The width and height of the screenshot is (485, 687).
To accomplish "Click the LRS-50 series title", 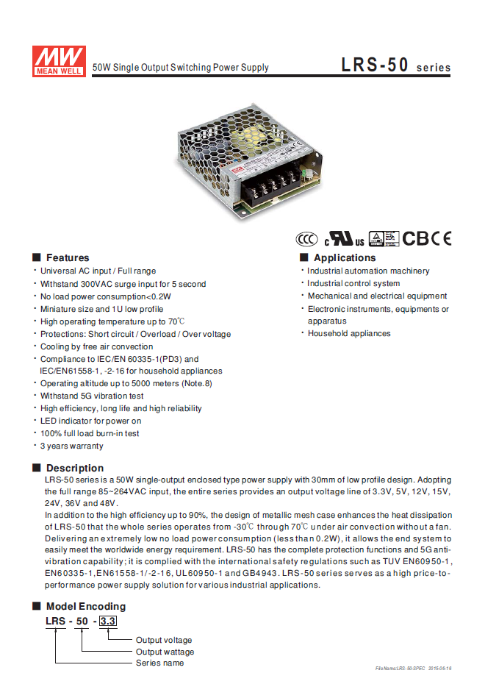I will pyautogui.click(x=395, y=65).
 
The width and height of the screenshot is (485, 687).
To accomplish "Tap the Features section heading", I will pyautogui.click(x=67, y=258).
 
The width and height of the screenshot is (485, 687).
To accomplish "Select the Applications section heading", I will pyautogui.click(x=344, y=258).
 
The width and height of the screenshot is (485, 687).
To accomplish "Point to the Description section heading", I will pyautogui.click(x=74, y=468).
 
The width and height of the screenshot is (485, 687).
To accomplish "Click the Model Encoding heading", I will pyautogui.click(x=85, y=607).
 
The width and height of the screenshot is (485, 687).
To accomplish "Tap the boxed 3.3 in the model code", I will pyautogui.click(x=107, y=622).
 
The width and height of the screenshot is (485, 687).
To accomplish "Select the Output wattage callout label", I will pyautogui.click(x=165, y=652).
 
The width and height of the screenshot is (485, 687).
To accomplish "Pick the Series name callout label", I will pyautogui.click(x=159, y=663).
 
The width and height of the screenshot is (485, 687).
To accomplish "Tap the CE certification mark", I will pyautogui.click(x=441, y=238).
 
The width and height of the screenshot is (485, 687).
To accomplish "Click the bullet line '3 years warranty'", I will pyautogui.click(x=71, y=446).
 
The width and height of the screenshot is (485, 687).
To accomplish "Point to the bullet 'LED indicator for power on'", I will pyautogui.click(x=90, y=421).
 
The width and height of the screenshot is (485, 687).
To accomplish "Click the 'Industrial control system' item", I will pyautogui.click(x=353, y=284).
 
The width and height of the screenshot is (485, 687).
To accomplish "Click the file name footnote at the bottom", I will pyautogui.click(x=413, y=668).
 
